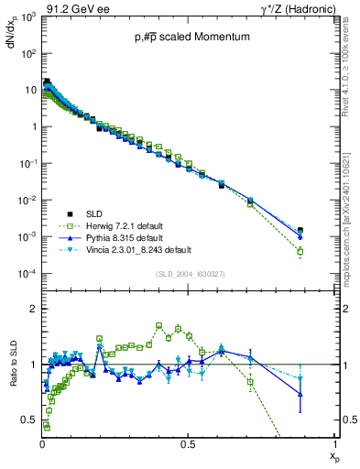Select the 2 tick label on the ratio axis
(x=32, y=309)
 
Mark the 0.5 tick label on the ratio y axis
(x=27, y=420)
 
